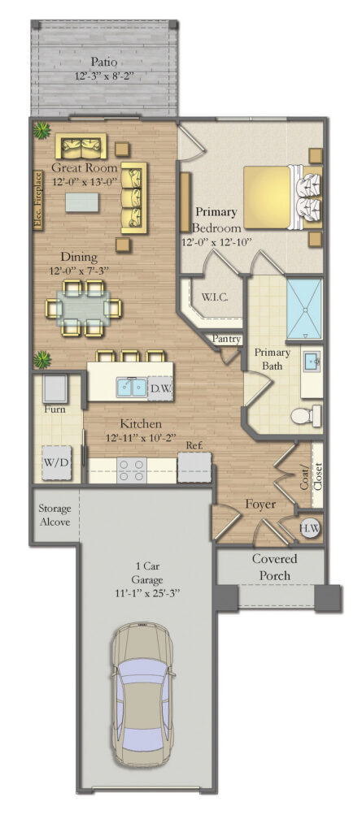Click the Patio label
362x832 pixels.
coord(103,62)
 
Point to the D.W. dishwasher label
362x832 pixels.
coord(161,389)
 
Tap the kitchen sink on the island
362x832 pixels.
coord(130,387)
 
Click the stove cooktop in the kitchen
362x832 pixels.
coord(133,470)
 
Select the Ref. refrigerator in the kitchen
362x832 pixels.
coord(194,466)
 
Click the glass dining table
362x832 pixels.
coord(84,307)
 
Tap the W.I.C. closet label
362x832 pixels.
coord(214,297)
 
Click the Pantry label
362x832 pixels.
coord(225,339)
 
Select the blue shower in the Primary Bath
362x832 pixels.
coord(304,310)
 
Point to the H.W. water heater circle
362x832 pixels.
coord(309,528)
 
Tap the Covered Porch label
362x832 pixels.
coord(273,567)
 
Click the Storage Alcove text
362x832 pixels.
coord(55,515)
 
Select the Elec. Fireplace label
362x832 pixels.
coord(37,201)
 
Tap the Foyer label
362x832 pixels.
coord(259,505)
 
